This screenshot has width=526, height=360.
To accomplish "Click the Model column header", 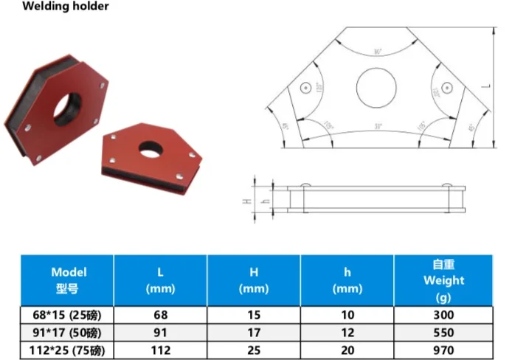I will (x=68, y=280).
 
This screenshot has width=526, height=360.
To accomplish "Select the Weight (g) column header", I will (x=443, y=280).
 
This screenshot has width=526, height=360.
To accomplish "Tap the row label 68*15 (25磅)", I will (x=68, y=314).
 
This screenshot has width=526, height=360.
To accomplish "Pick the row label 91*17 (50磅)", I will (x=68, y=333).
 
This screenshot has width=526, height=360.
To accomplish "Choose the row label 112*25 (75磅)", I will (x=68, y=350).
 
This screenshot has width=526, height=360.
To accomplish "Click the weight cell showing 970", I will (x=443, y=350).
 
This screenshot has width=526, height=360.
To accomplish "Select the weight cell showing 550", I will (x=443, y=333).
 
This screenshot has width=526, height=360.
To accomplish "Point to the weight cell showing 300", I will (x=443, y=314).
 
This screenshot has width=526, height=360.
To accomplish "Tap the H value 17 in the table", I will (x=254, y=333).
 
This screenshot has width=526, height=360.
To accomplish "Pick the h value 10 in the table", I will (x=347, y=314).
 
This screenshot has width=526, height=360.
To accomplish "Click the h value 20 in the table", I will (x=347, y=350).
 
